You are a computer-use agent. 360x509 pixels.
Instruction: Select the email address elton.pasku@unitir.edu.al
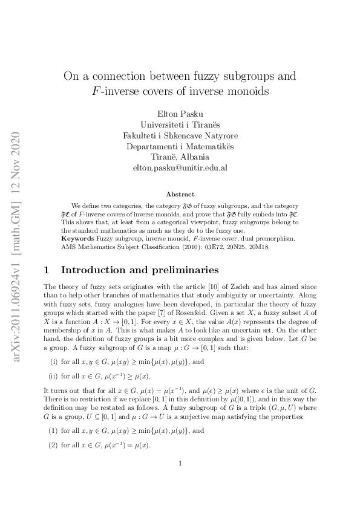(180, 167)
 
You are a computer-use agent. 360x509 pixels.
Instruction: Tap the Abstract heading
(180, 194)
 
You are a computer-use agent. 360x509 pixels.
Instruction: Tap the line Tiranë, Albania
(180, 157)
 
